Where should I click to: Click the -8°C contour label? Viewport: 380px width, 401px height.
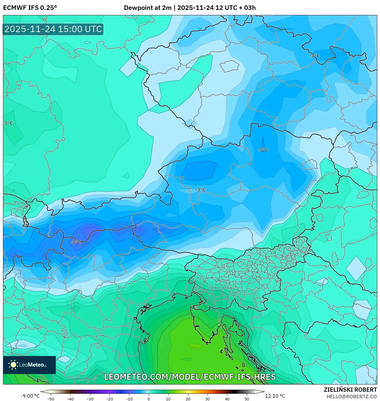(x=76, y=242)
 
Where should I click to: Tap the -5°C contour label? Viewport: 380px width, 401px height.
(x=263, y=150)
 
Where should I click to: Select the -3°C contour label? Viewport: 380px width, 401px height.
(x=200, y=190)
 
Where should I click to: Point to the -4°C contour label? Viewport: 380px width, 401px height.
(x=315, y=56)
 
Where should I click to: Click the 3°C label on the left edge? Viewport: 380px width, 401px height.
(x=8, y=123)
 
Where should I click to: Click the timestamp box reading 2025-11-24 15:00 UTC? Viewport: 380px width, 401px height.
(x=53, y=29)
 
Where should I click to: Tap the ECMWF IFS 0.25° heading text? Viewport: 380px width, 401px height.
(x=30, y=8)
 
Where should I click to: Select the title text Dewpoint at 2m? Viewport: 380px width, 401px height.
(x=148, y=8)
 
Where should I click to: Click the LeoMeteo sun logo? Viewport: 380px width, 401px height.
(x=13, y=365)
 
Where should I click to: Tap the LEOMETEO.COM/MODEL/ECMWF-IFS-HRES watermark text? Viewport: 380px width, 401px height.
(x=190, y=377)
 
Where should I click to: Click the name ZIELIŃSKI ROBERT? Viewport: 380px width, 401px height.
(x=350, y=390)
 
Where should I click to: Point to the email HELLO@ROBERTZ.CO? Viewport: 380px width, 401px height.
(x=352, y=397)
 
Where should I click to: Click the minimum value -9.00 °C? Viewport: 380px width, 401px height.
(x=30, y=396)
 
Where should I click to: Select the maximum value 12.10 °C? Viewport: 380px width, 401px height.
(x=275, y=396)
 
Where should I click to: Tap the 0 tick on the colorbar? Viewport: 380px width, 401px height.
(x=149, y=399)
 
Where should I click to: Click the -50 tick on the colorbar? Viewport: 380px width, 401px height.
(x=51, y=399)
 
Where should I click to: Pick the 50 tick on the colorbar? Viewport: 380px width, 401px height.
(x=247, y=399)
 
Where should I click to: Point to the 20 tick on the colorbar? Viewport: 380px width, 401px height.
(x=188, y=399)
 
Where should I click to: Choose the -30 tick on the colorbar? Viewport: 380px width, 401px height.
(x=90, y=399)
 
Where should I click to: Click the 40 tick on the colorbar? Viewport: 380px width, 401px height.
(x=227, y=399)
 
